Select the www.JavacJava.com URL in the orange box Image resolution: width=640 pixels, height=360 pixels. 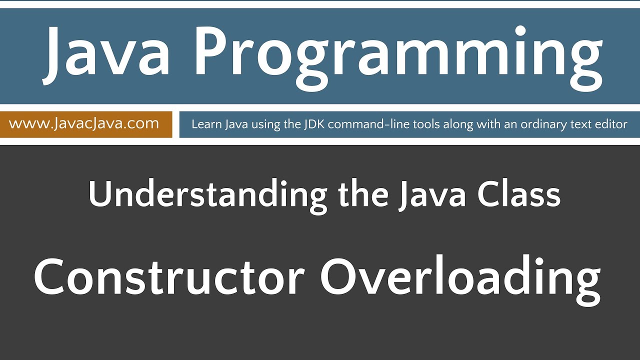coord(84,123)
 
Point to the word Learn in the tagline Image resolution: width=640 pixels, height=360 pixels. coord(205,124)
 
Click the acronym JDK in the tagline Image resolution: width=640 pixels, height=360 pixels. coord(310,124)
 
